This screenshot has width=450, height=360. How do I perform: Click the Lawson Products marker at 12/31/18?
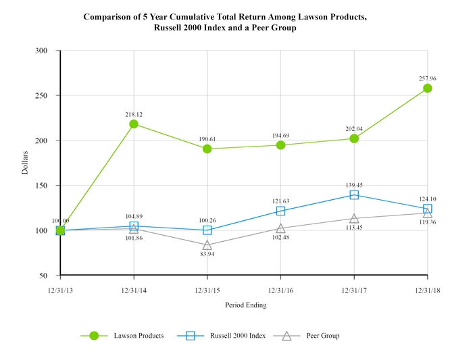[x=428, y=88]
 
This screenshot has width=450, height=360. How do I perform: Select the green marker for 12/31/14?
[x=134, y=124]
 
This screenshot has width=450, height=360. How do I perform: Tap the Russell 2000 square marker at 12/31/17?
[x=354, y=195]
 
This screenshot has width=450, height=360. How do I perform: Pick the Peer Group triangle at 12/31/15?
[x=207, y=245]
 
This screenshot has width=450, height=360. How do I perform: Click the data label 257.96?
[x=428, y=78]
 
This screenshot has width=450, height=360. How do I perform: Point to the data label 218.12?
[x=134, y=115]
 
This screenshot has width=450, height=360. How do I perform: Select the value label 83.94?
[x=207, y=254]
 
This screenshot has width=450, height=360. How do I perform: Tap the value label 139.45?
[x=354, y=185]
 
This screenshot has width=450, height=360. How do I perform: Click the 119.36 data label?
[x=428, y=222]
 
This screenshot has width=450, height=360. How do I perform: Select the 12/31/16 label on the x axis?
[x=280, y=289]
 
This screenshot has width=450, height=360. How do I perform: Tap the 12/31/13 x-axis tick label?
[x=60, y=289]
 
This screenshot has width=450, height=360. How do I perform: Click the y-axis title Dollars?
[x=25, y=163]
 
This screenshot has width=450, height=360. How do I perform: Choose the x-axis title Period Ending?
[x=245, y=305]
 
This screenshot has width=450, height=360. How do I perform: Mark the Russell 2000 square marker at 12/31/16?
[x=280, y=211]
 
